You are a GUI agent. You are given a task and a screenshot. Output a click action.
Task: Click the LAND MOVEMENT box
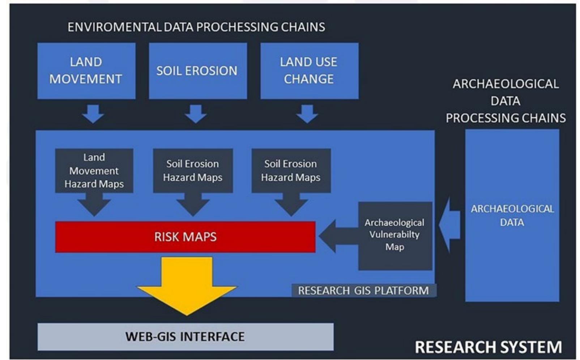coord(86,71)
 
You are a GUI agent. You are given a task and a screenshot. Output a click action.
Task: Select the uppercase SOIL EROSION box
coord(198,71)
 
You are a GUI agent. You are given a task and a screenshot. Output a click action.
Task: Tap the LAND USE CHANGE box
coord(310,71)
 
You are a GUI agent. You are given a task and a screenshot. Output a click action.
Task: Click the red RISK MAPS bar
coord(185,237)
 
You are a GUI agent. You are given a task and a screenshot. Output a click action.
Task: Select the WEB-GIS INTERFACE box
coord(185,337)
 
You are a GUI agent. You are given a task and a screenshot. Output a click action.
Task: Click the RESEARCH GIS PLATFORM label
coord(364,291)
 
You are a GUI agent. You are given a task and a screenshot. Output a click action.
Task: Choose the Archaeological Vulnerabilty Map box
coord(395,236)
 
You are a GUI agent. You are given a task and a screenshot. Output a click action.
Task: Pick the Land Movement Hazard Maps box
coord(94,171)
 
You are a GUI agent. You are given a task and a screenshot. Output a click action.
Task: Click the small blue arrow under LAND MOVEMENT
coord(93,114)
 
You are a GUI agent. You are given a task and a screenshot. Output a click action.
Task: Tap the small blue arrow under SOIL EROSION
coord(196,114)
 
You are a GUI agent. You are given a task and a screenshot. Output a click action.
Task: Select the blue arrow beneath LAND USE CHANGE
coord(307,114)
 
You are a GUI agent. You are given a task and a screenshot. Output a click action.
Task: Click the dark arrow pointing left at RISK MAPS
coord(338,236)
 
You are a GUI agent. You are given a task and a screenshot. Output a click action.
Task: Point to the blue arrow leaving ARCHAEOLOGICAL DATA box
coord(449,225)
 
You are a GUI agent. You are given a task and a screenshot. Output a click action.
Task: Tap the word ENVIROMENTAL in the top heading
coord(115,27)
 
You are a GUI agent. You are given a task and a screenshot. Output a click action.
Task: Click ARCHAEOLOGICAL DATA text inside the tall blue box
coord(512,216)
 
